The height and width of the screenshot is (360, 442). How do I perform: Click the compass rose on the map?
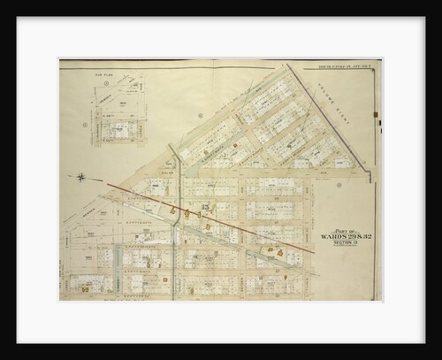pos(81,177)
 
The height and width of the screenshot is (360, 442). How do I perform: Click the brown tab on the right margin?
pos(377,114)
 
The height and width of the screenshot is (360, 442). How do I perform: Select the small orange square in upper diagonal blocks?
pos(236,140)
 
